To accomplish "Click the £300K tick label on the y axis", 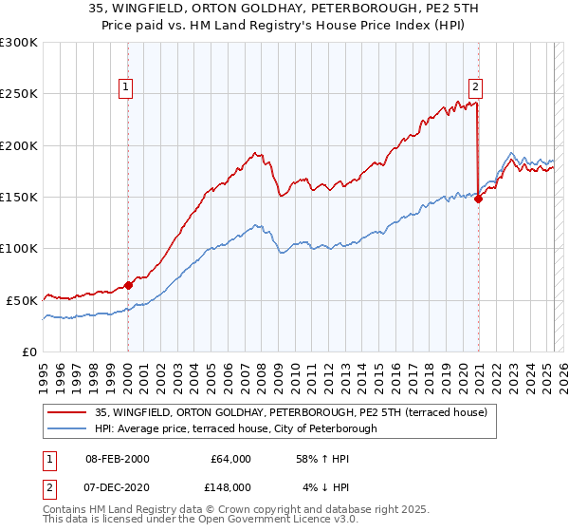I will coord(19,43).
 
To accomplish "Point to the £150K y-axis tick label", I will coord(19,197).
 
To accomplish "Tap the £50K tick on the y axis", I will coord(23,299).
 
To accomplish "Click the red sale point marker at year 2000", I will coord(128,285).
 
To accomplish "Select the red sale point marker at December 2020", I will coord(478,199).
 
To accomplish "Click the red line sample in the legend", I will coord(68,412).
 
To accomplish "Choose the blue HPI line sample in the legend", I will coord(68,428).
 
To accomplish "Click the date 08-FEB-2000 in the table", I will coord(118,458).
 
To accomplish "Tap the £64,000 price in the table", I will coord(229,458).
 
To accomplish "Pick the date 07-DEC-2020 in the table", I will coord(118,486).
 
